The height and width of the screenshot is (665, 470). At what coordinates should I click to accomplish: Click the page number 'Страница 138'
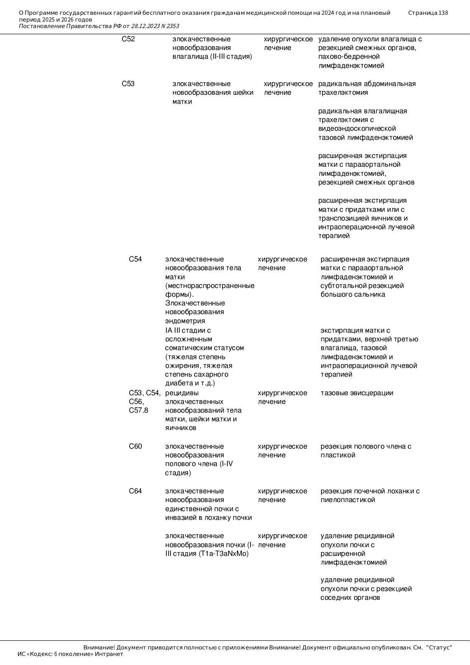pyautogui.click(x=428, y=13)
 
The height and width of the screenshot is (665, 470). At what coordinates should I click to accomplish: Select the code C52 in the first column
pyautogui.click(x=128, y=39)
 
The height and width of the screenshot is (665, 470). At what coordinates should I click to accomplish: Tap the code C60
pyautogui.click(x=135, y=446)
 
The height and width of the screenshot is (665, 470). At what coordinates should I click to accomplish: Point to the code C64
pyautogui.click(x=135, y=491)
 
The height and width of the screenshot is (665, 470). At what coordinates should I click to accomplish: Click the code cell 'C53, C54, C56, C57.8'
pyautogui.click(x=144, y=402)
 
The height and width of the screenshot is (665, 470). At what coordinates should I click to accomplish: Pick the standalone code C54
pyautogui.click(x=135, y=259)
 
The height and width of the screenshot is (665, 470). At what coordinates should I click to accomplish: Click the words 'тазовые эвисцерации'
pyautogui.click(x=357, y=393)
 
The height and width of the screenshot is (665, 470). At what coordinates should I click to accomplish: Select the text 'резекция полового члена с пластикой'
pyautogui.click(x=365, y=451)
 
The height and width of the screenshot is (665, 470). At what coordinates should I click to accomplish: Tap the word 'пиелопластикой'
pyautogui.click(x=348, y=500)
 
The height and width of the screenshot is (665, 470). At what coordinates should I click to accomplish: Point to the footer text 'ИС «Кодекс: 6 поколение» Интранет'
pyautogui.click(x=70, y=654)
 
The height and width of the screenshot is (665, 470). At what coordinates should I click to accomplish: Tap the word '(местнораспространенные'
pyautogui.click(x=210, y=286)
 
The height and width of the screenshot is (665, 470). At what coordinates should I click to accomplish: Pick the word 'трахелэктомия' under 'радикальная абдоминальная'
pyautogui.click(x=343, y=92)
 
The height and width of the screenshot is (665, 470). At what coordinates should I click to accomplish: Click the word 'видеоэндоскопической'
pyautogui.click(x=357, y=128)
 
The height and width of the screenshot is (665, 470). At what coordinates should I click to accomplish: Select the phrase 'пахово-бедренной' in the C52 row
pyautogui.click(x=349, y=56)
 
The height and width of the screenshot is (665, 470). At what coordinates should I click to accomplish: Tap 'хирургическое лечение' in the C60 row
pyautogui.click(x=282, y=451)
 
